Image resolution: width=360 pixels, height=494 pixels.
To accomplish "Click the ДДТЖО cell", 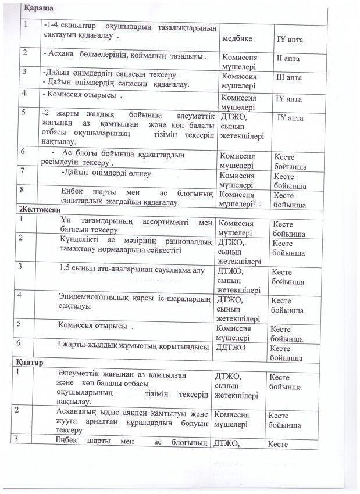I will click(230, 347).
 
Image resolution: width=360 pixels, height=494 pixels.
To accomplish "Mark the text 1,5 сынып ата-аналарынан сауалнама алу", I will click(132, 270).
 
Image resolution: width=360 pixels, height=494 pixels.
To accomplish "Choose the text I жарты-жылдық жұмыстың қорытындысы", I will click(133, 347).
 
